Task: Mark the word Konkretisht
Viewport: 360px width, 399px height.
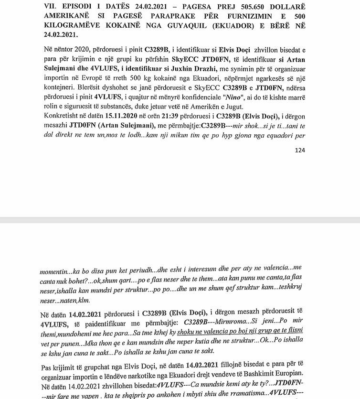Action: [58, 118]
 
